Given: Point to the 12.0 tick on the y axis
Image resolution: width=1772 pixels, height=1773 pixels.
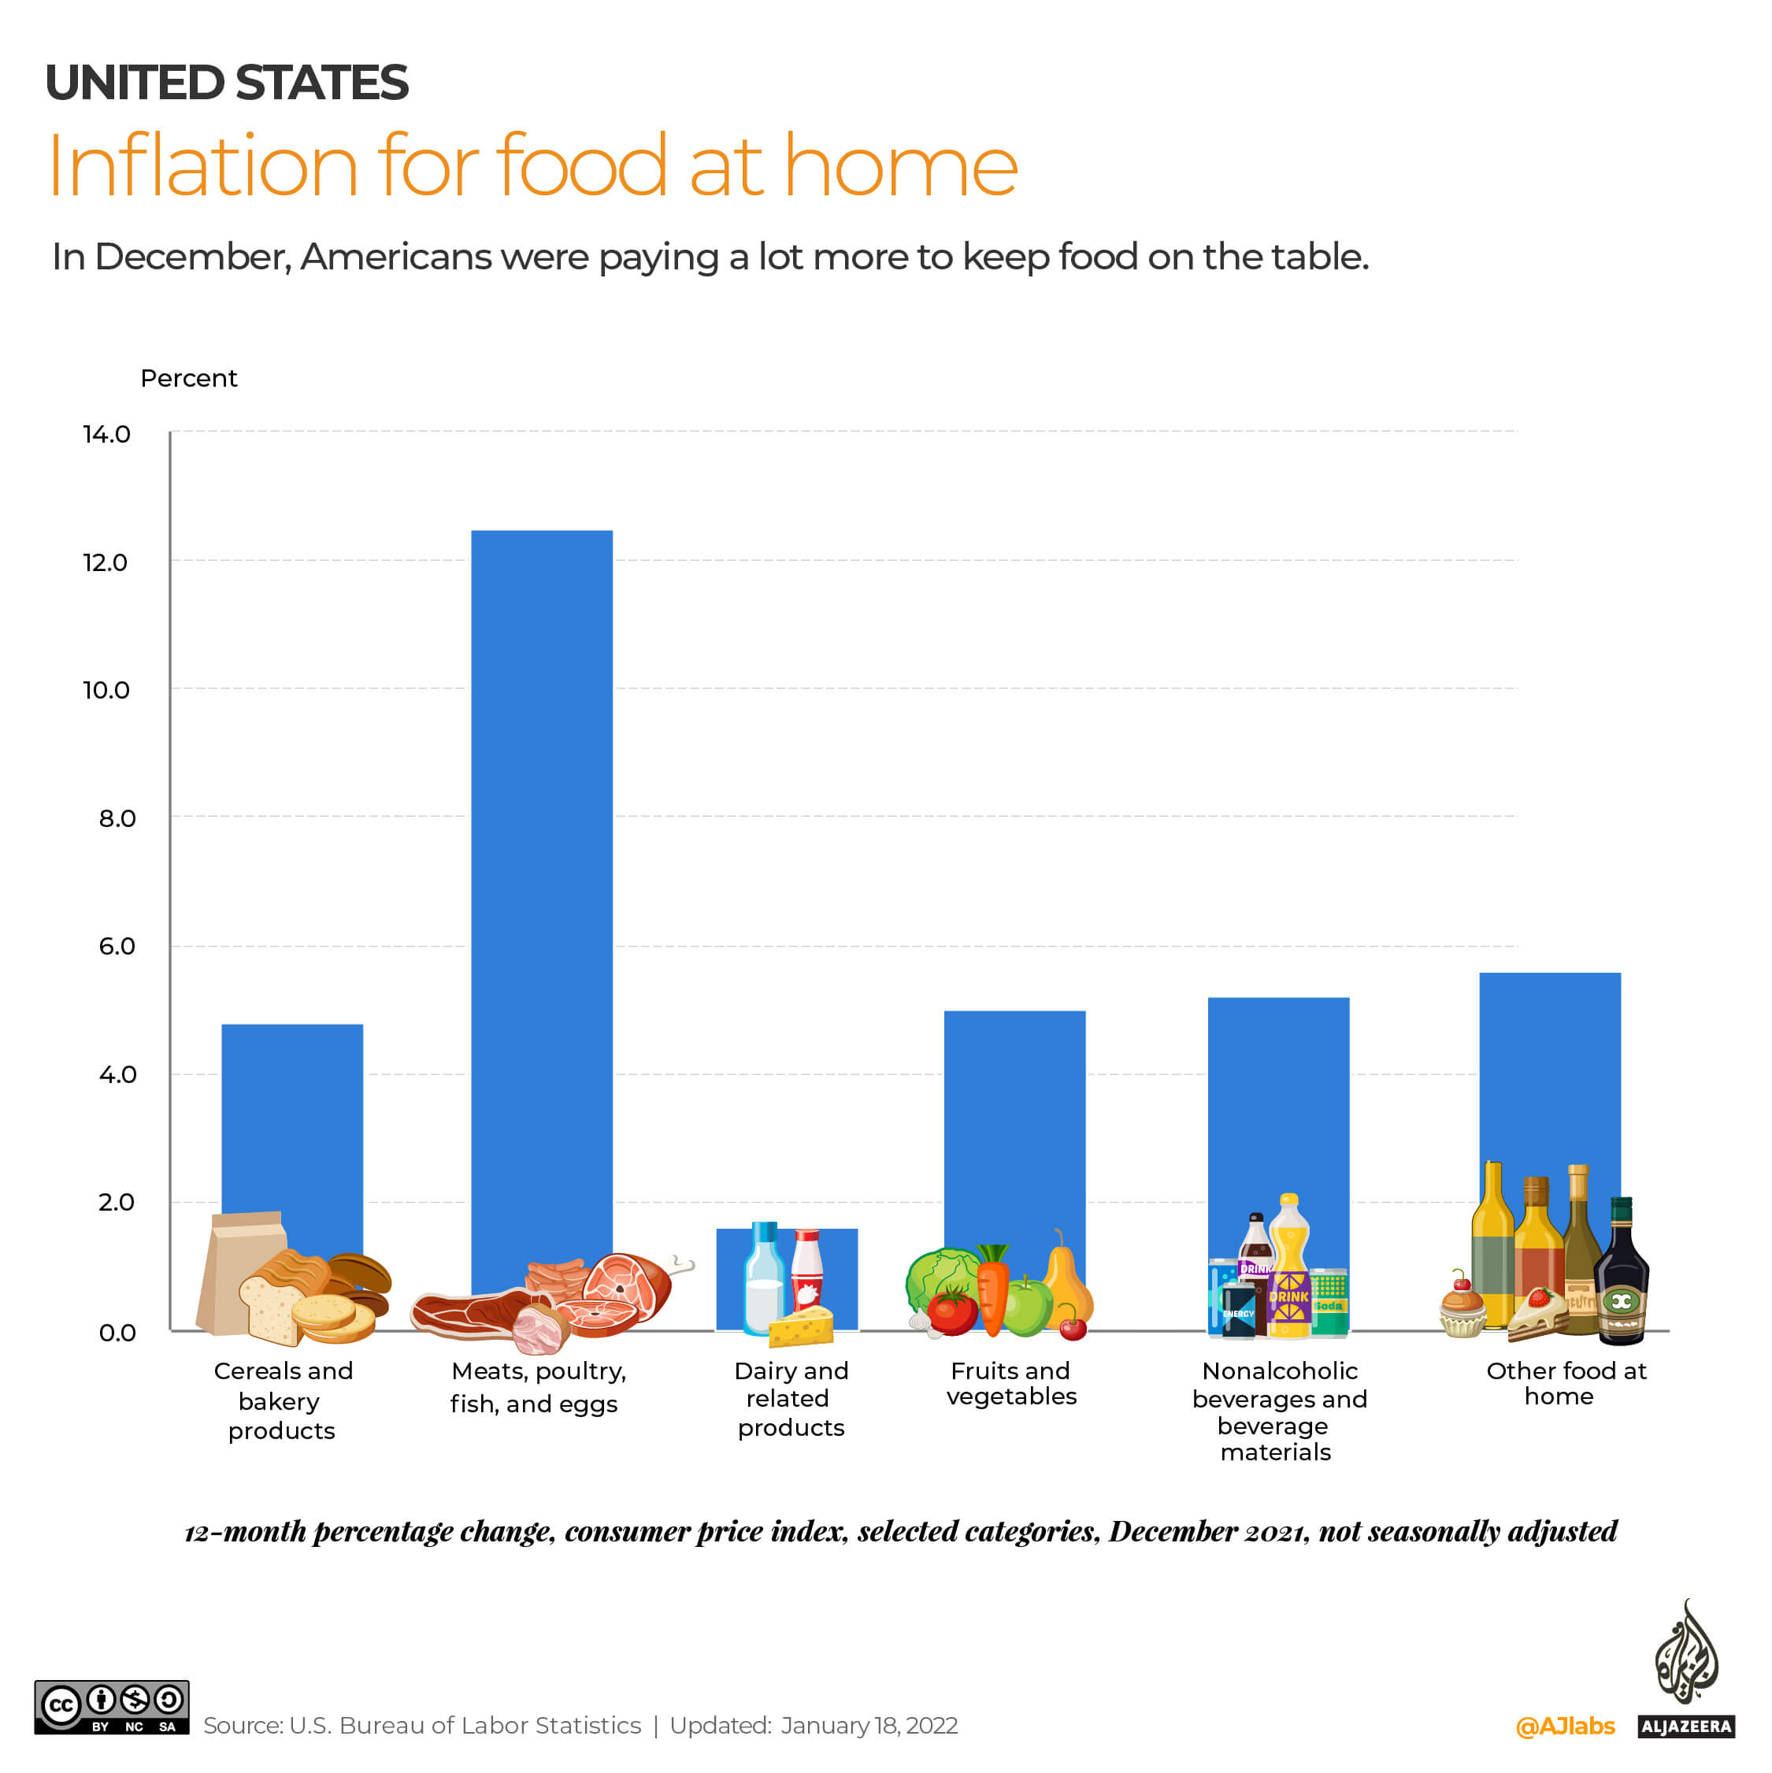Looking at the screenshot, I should [106, 562].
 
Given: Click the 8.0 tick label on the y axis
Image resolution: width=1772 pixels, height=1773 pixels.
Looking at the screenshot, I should [117, 818].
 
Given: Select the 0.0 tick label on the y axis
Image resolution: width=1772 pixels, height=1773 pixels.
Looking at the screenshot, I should [117, 1333].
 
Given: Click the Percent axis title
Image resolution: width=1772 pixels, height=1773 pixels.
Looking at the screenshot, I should [188, 378].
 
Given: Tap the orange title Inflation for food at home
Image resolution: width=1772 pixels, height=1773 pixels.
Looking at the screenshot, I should [532, 166].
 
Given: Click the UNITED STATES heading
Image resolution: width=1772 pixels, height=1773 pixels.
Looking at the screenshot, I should [227, 83].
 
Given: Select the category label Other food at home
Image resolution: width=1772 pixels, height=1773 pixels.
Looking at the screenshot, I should [1566, 1383].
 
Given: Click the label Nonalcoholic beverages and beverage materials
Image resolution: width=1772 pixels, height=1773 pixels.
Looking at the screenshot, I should [1278, 1411].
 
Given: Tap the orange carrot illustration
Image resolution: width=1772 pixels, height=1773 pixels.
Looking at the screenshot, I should [993, 1289].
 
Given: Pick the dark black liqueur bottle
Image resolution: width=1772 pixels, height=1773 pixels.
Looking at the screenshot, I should [1621, 1276].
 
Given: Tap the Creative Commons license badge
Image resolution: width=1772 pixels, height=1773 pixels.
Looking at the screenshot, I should [112, 1708].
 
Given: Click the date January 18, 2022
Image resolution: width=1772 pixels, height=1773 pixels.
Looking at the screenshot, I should [869, 1725].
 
